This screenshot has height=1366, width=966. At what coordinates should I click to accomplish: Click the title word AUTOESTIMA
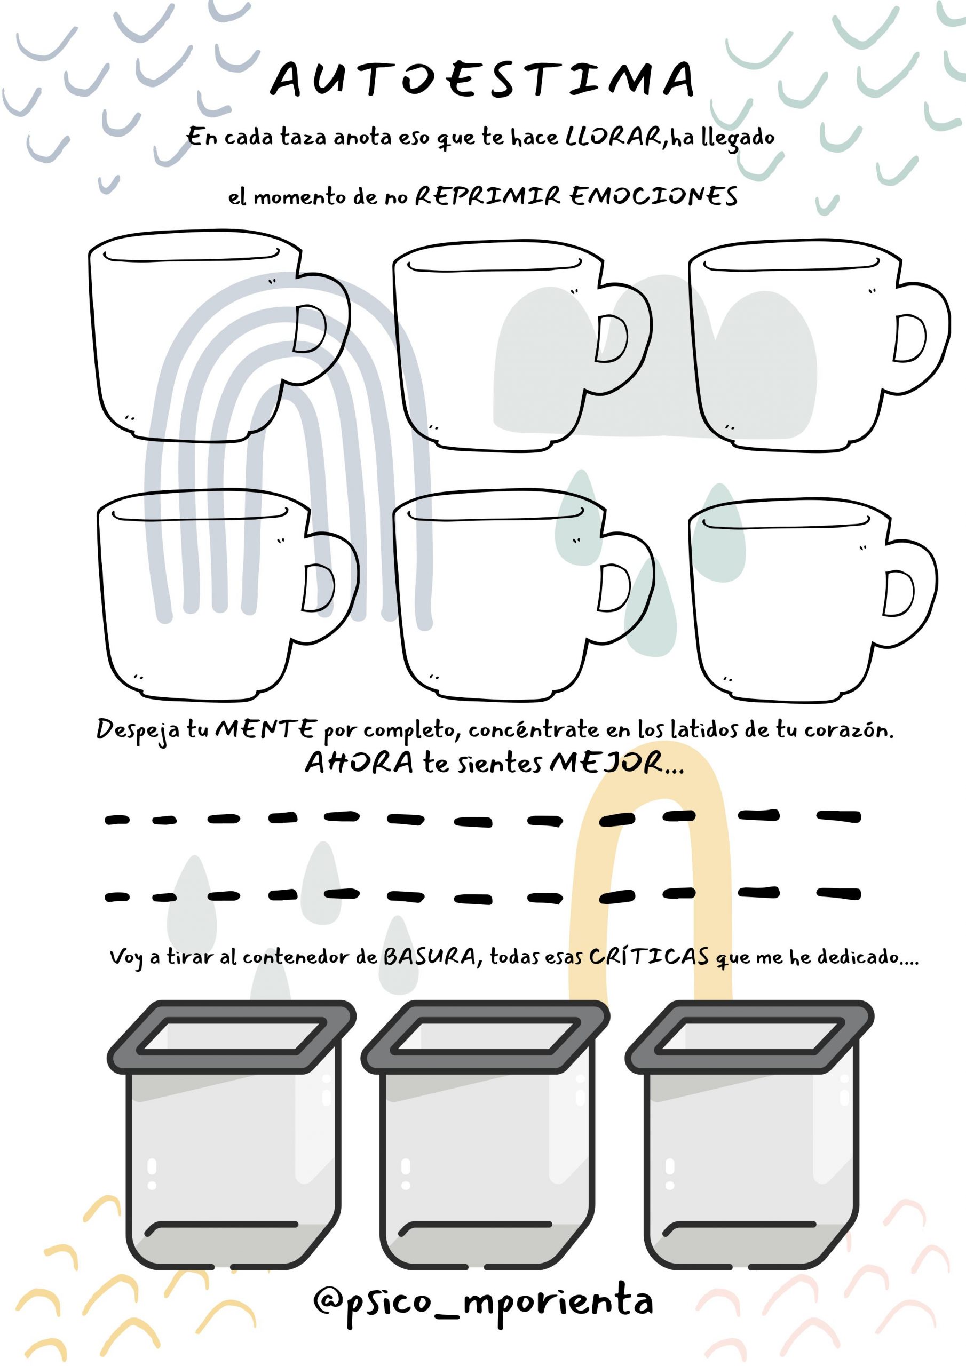482,78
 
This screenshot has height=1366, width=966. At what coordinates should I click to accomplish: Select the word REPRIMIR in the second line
487,196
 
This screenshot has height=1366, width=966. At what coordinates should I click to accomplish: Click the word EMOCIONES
654,196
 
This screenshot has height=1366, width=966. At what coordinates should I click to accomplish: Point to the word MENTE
266,728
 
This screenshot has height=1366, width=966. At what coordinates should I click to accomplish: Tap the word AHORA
359,763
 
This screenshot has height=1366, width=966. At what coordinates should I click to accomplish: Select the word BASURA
429,957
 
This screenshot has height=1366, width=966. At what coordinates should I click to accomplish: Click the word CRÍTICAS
650,956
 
